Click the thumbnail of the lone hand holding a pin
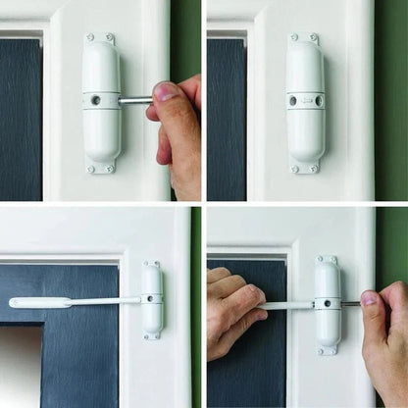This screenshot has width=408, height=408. pyautogui.click(x=167, y=92)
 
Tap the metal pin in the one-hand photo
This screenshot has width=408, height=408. pyautogui.click(x=134, y=99)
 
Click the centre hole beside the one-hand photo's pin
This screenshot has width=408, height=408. pyautogui.click(x=96, y=99)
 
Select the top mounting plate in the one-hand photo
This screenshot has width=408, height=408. pyautogui.click(x=100, y=38)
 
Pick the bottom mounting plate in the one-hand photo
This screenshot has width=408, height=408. pyautogui.click(x=101, y=167)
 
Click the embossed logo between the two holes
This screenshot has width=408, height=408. pyautogui.click(x=306, y=100)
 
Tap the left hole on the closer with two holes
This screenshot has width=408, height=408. pyautogui.click(x=292, y=100)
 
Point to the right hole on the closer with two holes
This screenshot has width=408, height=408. pyautogui.click(x=319, y=100)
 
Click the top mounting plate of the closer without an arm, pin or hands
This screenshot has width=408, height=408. pyautogui.click(x=305, y=37)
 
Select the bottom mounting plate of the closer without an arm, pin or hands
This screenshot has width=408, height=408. pyautogui.click(x=306, y=168)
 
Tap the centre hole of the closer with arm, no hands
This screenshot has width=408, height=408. pyautogui.click(x=149, y=298)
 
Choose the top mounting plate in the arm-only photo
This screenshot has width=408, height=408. pyautogui.click(x=152, y=264)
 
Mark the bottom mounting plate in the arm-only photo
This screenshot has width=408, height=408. pyautogui.click(x=152, y=335)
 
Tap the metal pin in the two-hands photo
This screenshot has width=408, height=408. pyautogui.click(x=350, y=304)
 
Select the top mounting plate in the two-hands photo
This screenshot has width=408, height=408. pyautogui.click(x=328, y=260)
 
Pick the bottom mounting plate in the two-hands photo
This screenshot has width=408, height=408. pyautogui.click(x=328, y=348)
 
